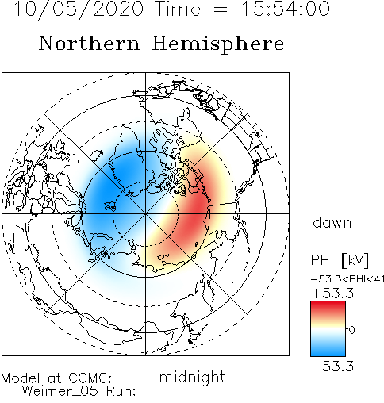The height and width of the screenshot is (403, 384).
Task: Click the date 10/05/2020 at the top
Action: click(79, 10)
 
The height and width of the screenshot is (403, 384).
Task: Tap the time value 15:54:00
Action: click(286, 9)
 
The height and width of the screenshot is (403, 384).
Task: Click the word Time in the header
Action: click(179, 9)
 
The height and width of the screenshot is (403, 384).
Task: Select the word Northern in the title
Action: click(89, 44)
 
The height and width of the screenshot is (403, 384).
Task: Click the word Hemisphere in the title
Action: click(218, 44)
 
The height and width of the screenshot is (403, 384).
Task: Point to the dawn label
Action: click(332, 223)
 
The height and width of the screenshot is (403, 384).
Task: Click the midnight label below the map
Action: click(192, 378)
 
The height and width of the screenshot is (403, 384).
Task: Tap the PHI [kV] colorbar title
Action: click(340, 260)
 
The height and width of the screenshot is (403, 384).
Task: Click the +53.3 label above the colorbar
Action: click(332, 294)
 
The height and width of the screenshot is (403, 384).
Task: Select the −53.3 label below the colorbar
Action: click(332, 367)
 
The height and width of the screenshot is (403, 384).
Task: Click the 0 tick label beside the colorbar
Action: click(352, 330)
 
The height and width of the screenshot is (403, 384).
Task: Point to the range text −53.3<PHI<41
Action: click(348, 279)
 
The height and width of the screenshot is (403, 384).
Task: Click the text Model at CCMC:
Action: click(56, 378)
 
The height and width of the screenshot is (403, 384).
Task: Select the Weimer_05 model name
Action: click(60, 391)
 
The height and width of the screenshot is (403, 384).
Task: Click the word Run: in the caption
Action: click(121, 391)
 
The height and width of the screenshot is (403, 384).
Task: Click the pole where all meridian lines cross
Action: click(145, 213)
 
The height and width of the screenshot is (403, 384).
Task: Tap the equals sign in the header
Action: click(220, 10)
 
